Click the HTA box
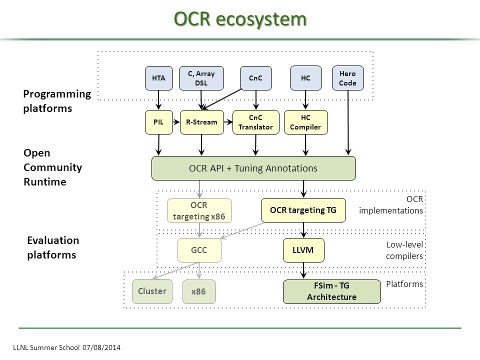pos(159,78)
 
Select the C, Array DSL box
pos(201,78)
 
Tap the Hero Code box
pos(348,78)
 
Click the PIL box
pos(159,122)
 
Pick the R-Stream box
pos(201,122)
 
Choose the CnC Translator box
pos(256,122)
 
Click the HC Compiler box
pos(306,122)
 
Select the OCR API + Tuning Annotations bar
pos(253,168)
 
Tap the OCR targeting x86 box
pos(199,210)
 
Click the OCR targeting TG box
pos(303,210)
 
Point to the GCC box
pos(199,250)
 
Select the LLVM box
pos(303,250)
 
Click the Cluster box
pos(152,291)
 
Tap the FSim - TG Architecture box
pos(332,291)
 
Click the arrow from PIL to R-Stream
pos(176,122)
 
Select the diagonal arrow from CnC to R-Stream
pos(221,99)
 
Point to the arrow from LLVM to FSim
pos(303,270)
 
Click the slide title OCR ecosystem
pos(240,19)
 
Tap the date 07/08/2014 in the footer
pos(101,347)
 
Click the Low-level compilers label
pos(404,250)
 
